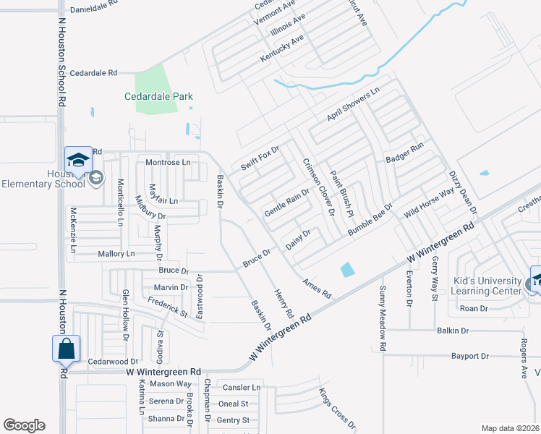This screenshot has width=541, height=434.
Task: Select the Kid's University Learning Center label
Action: pyautogui.click(x=486, y=286)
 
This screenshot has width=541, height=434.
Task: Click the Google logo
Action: pyautogui.click(x=24, y=425)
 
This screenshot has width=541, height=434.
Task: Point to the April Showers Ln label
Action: pyautogui.click(x=353, y=105)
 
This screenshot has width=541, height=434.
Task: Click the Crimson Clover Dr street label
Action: pyautogui.click(x=318, y=187)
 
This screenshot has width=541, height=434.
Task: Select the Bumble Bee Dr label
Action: pyautogui.click(x=370, y=218)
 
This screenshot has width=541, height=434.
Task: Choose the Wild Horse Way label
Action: pyautogui.click(x=429, y=202)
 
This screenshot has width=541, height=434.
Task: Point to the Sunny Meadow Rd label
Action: pyautogui.click(x=382, y=318)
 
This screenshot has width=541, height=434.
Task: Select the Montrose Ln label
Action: pyautogui.click(x=168, y=163)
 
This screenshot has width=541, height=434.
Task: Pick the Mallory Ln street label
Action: pyautogui.click(x=116, y=254)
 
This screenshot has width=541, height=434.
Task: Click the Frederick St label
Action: pyautogui.click(x=167, y=309)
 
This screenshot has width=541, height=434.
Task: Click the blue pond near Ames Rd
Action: pyautogui.click(x=347, y=270)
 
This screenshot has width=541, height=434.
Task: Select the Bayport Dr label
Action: pyautogui.click(x=470, y=356)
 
